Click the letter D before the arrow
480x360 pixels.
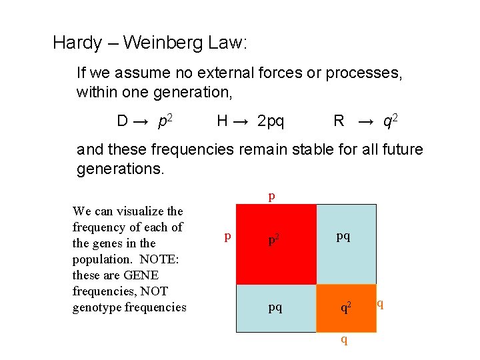click(x=123, y=121)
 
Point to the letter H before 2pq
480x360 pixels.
click(x=223, y=121)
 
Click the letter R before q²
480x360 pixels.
click(x=339, y=121)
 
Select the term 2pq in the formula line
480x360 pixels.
click(x=270, y=121)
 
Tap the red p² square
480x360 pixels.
click(x=276, y=244)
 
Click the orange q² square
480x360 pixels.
click(x=345, y=307)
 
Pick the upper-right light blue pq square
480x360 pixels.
click(x=345, y=244)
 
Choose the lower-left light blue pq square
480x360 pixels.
click(x=276, y=307)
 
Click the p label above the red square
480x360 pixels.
click(x=271, y=196)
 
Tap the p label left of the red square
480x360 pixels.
click(x=228, y=236)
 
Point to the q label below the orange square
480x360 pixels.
click(x=344, y=339)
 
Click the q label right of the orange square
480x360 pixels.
click(x=380, y=304)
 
